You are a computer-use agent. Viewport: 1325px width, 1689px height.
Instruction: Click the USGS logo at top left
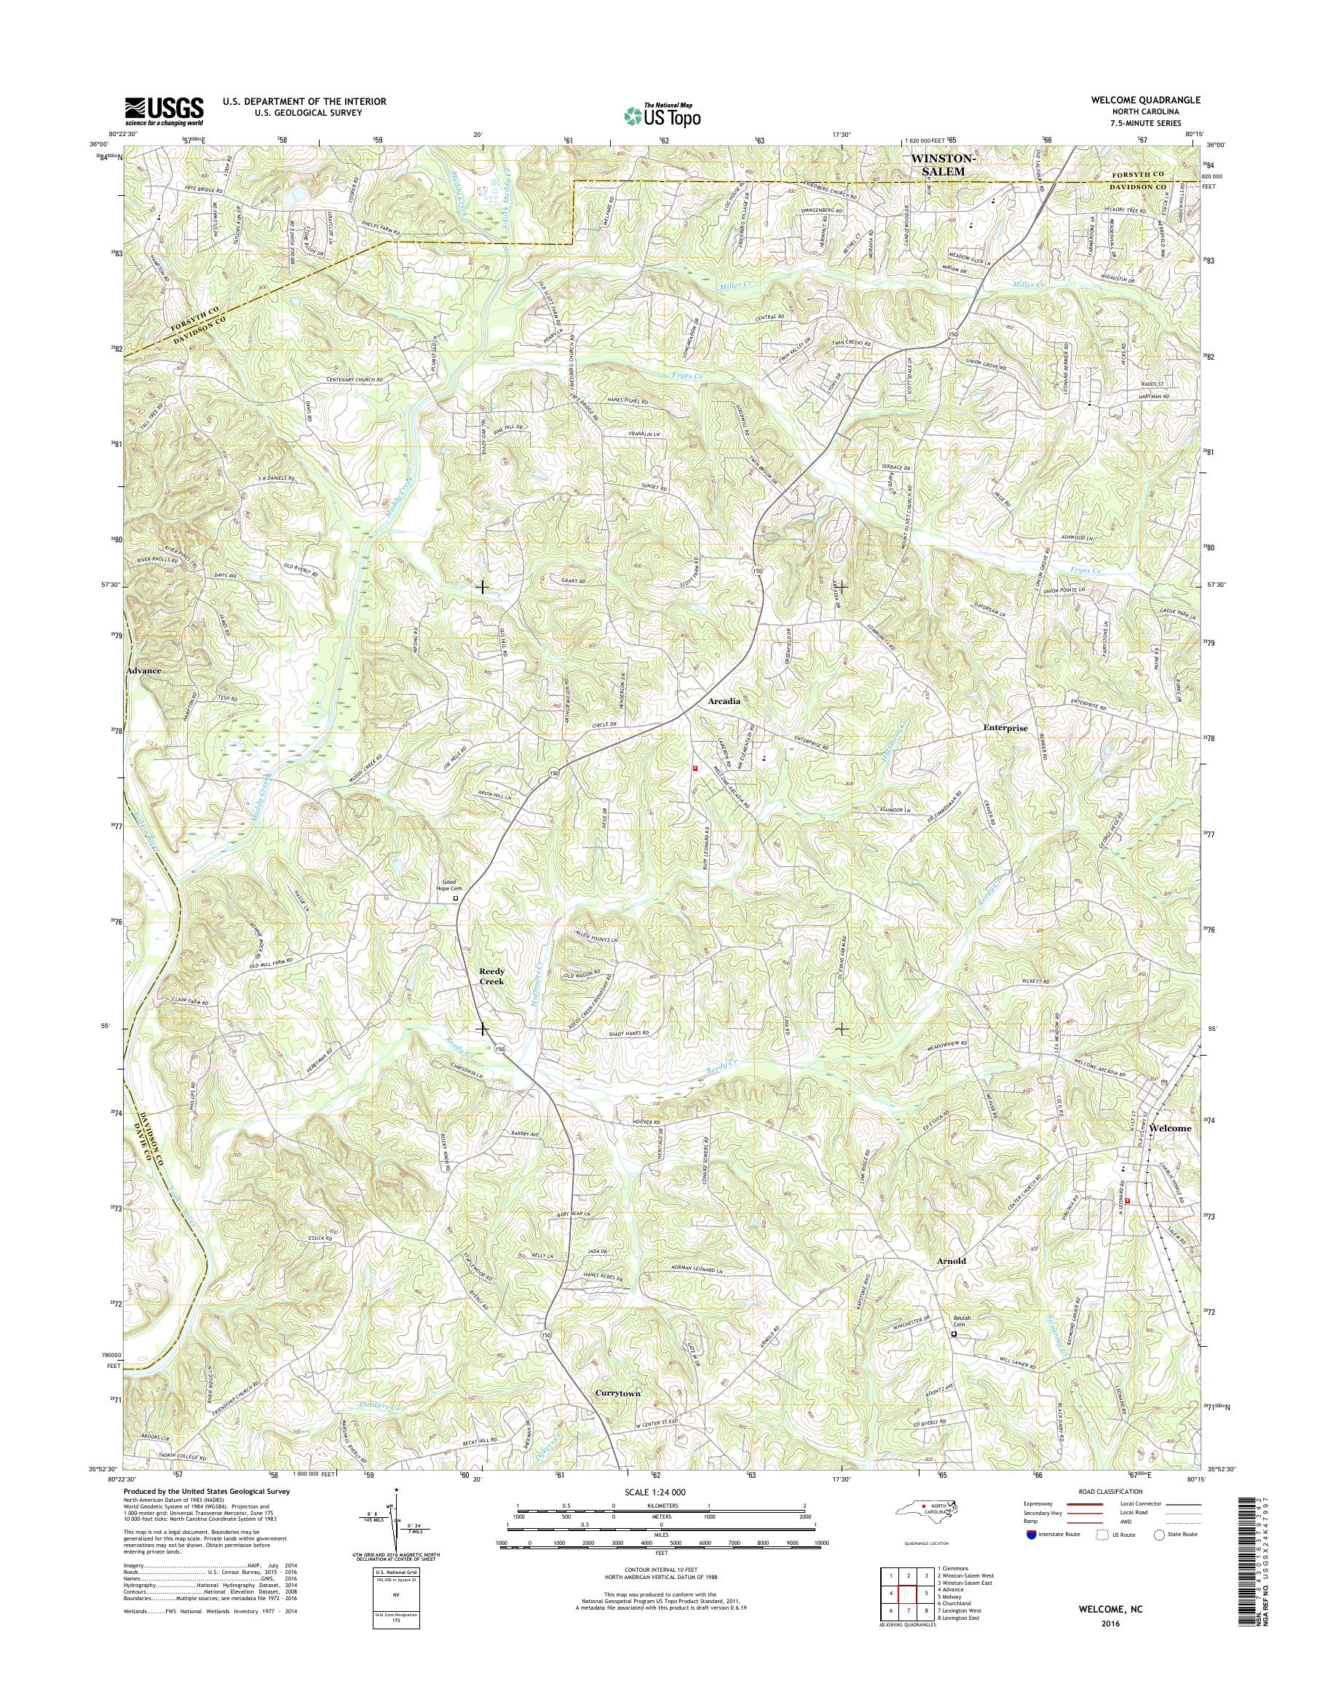(x=164, y=111)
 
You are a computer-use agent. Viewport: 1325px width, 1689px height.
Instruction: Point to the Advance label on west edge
(x=143, y=670)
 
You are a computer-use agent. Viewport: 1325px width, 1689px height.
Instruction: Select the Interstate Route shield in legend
(x=1031, y=1534)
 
